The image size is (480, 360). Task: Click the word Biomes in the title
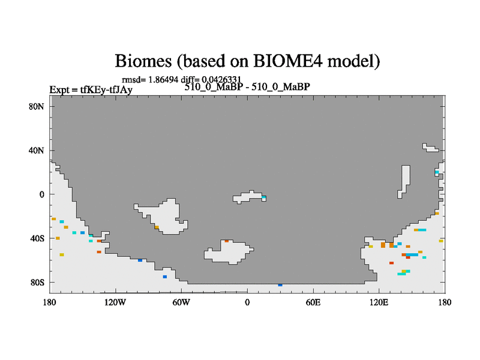click(143, 61)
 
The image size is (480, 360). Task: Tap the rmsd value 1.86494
click(163, 80)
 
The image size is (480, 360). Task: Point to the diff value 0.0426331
click(221, 80)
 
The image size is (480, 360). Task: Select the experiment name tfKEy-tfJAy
click(106, 89)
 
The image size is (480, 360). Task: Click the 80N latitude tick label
click(36, 107)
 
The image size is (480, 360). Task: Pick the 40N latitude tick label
click(36, 151)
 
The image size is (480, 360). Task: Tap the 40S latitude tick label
click(37, 238)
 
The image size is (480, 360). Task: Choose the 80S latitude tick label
click(37, 282)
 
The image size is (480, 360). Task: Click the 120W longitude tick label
click(115, 302)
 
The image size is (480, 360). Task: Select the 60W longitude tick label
click(181, 302)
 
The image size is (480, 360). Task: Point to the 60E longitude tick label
click(313, 302)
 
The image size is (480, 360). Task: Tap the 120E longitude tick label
click(379, 302)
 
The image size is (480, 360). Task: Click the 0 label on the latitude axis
click(41, 194)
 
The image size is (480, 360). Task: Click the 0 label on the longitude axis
click(247, 302)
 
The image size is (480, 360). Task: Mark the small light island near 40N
click(430, 148)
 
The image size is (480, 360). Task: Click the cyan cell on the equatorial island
click(264, 197)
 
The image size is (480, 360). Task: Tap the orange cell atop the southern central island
click(227, 241)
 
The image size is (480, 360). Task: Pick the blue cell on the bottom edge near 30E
click(280, 285)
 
